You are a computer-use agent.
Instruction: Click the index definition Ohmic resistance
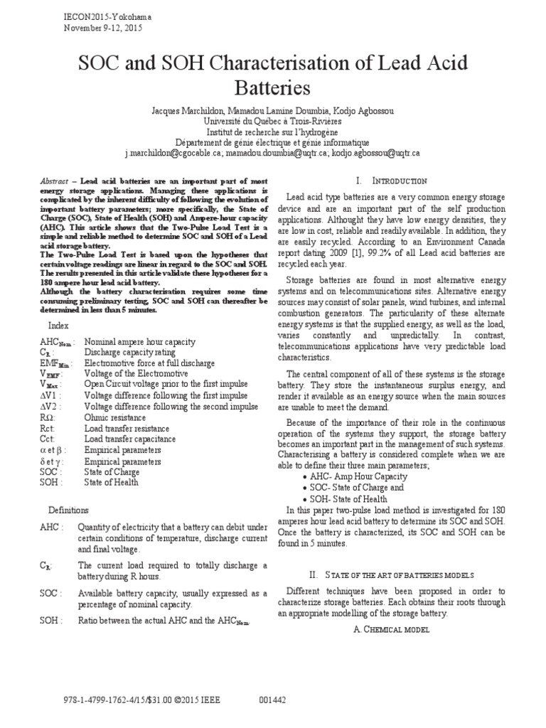[x=115, y=418]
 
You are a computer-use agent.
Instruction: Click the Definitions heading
[x=68, y=510]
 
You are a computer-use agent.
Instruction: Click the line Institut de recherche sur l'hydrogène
[x=273, y=132]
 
